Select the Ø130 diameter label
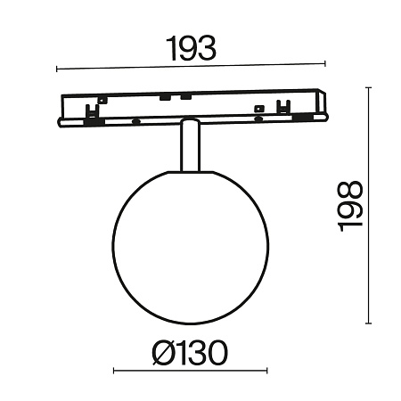(x=189, y=354)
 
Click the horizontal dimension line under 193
(x=191, y=67)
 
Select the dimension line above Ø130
(x=190, y=372)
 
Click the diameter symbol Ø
(x=164, y=354)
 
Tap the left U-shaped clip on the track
(x=92, y=110)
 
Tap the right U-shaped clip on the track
(x=284, y=108)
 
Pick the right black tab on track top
(x=184, y=96)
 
